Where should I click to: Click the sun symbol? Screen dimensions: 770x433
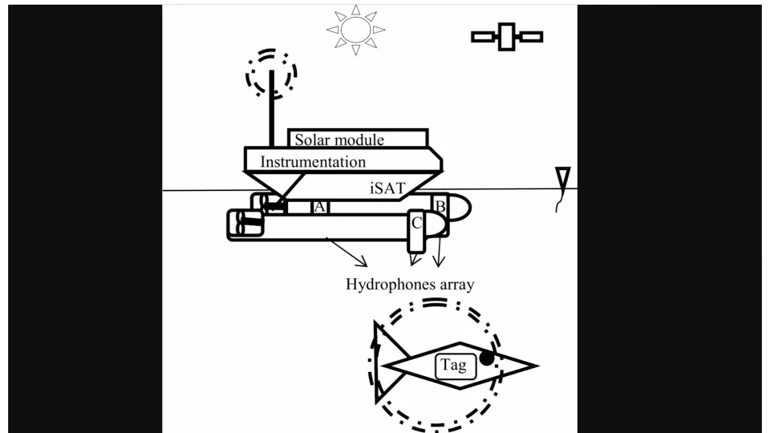coord(355,30)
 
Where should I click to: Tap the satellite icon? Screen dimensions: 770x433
coord(507,36)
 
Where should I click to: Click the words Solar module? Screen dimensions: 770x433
coord(339,140)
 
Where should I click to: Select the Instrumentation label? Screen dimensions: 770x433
coord(313,161)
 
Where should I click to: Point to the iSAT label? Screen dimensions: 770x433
coord(387,188)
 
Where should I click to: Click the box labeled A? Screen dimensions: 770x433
coord(320,207)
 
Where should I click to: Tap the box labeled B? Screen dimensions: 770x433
coord(440,207)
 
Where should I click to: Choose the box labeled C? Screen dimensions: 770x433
coord(416,231)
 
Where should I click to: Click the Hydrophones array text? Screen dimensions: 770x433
coord(410,284)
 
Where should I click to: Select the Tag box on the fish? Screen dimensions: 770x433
coord(456,366)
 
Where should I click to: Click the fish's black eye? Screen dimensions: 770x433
coord(487,358)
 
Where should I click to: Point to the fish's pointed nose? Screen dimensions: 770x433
coord(537,366)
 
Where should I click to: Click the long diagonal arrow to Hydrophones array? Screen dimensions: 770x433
coord(346,253)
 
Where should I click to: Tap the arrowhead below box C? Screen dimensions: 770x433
coord(415,259)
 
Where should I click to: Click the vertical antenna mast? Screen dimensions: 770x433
coord(272,108)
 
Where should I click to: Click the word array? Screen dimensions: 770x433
coord(456,285)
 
